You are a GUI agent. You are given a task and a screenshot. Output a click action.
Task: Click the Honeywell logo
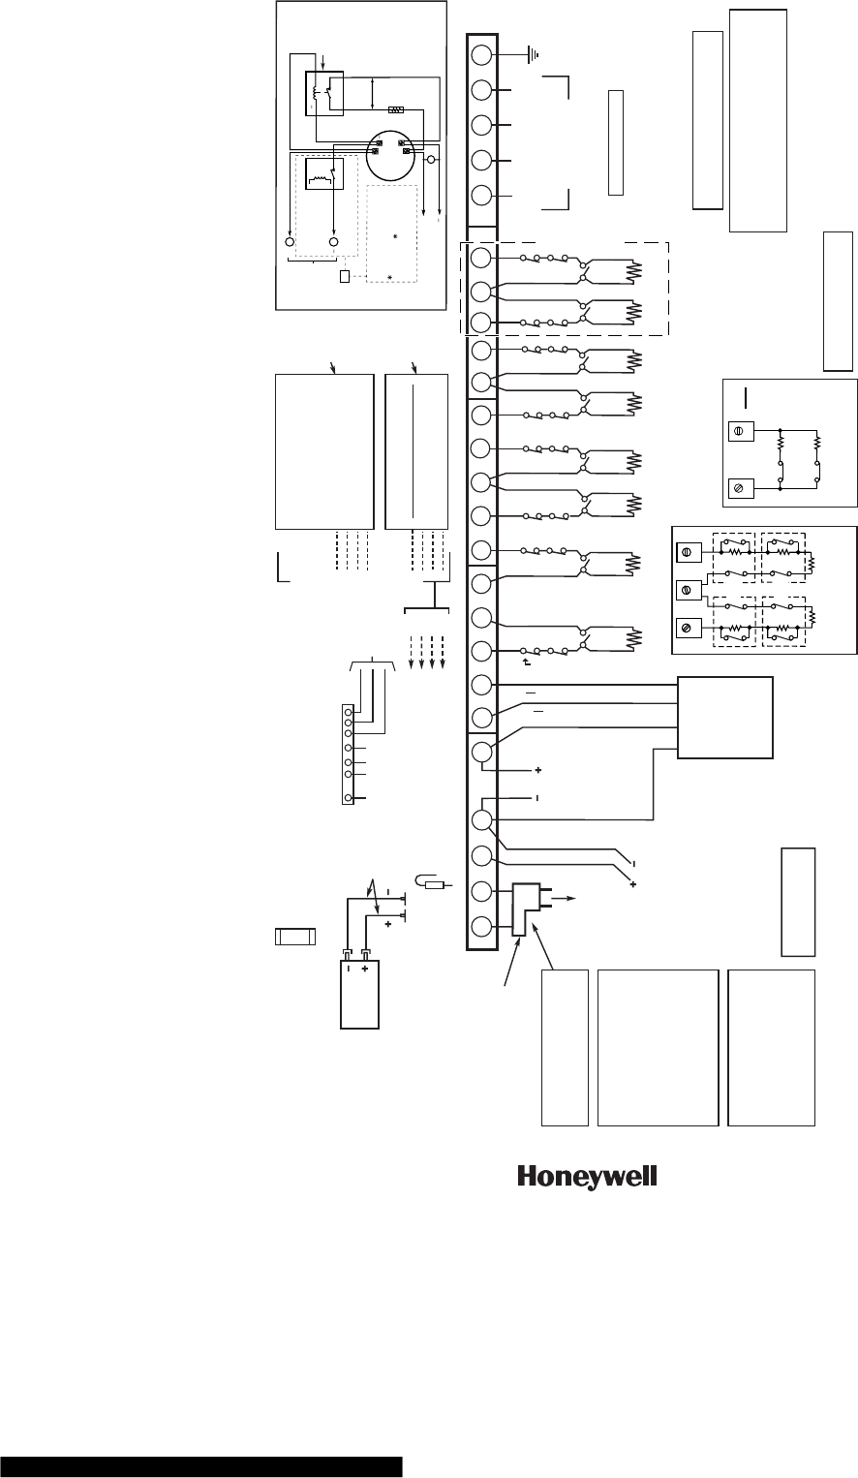tap(588, 1177)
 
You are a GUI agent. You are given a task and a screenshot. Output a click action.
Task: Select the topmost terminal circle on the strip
tap(481, 55)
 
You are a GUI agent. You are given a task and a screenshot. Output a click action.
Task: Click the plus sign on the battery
tap(366, 968)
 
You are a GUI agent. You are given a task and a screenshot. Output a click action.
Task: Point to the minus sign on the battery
tap(346, 968)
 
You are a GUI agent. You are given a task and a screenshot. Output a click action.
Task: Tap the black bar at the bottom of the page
tap(200, 1465)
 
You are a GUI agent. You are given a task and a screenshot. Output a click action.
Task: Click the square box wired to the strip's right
tap(725, 718)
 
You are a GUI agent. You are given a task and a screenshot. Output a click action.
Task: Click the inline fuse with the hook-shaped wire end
tap(433, 882)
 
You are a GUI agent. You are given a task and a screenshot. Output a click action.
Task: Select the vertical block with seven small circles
tap(348, 755)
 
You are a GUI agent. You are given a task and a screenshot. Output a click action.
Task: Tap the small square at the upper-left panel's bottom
tap(346, 278)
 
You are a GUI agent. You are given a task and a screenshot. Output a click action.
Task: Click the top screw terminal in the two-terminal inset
tap(740, 429)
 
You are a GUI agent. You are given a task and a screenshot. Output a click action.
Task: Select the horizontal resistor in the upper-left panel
tap(395, 109)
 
